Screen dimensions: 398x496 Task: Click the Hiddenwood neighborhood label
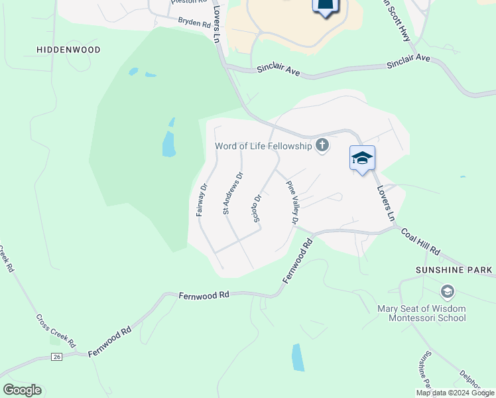[69, 50]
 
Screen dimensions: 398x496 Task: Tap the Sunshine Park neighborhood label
[454, 270]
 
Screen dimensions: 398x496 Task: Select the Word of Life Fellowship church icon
[322, 145]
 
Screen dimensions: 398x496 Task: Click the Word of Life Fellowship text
[263, 146]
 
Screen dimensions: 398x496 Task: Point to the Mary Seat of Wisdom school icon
[448, 292]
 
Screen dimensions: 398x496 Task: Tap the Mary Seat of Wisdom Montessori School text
[422, 313]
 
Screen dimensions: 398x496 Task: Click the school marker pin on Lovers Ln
[362, 159]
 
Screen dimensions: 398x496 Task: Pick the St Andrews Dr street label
[233, 193]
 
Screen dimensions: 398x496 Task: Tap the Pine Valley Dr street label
[292, 203]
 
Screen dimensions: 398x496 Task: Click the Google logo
[22, 389]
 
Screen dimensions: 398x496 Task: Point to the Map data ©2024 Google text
[455, 393]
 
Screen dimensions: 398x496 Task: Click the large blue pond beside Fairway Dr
[169, 143]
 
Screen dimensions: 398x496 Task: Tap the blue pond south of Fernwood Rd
[298, 357]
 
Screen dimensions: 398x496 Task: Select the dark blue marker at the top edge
[325, 7]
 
